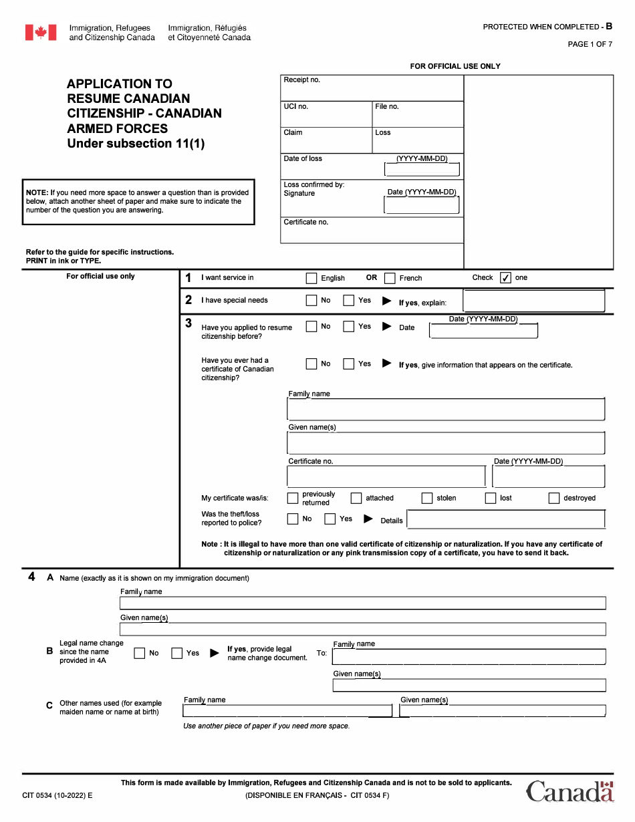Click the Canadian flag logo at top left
click(x=41, y=33)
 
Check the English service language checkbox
click(x=311, y=278)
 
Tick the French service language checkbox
click(x=390, y=278)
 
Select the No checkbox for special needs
click(x=311, y=301)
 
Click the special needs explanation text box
click(x=533, y=301)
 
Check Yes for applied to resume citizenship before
click(x=348, y=327)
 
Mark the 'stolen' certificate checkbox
click(x=426, y=498)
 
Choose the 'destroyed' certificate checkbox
click(x=553, y=498)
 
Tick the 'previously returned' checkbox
click(x=293, y=498)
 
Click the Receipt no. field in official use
click(x=372, y=88)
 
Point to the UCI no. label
click(x=296, y=106)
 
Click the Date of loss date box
click(x=422, y=169)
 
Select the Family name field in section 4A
click(x=362, y=603)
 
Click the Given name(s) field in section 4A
click(x=362, y=629)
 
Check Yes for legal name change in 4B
click(x=177, y=654)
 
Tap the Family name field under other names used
click(x=287, y=710)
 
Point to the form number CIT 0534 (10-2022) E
click(x=57, y=795)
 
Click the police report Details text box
click(x=505, y=519)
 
